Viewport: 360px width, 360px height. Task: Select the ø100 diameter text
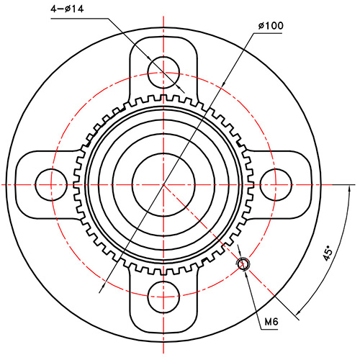(270, 26)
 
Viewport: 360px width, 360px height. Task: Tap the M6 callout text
(271, 322)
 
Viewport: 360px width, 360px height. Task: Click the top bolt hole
(163, 68)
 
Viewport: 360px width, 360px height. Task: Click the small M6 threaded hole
(243, 264)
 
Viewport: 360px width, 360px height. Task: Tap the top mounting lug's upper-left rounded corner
(135, 45)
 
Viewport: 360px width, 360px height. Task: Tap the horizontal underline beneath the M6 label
(271, 330)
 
